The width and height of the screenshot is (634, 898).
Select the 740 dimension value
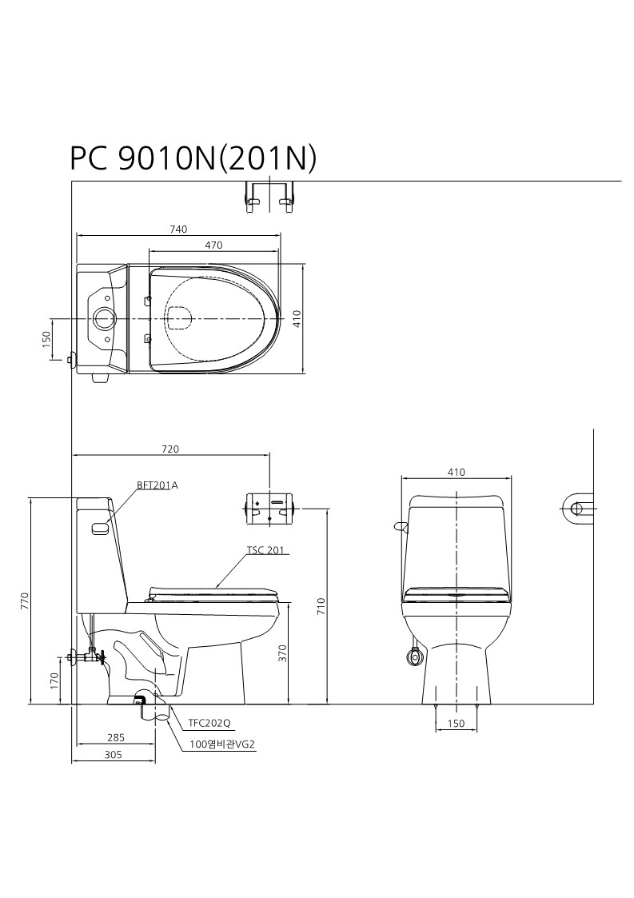point(178,229)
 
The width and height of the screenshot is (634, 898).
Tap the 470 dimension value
point(213,245)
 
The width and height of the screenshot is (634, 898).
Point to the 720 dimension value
point(170,449)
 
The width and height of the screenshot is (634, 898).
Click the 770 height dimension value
point(24,601)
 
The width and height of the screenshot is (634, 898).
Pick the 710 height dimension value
point(321,606)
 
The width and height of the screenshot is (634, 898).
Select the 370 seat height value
point(281,653)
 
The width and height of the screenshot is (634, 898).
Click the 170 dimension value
point(54,681)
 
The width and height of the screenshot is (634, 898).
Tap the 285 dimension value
point(115,737)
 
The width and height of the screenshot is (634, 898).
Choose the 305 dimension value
point(114,755)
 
